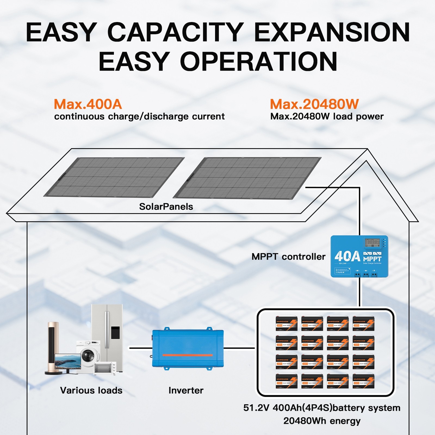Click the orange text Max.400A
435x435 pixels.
pyautogui.click(x=88, y=104)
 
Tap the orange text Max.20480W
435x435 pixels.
pyautogui.click(x=314, y=104)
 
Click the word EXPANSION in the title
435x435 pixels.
pyautogui.click(x=332, y=32)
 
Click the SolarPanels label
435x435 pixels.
pyautogui.click(x=166, y=207)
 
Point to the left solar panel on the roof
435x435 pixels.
pyautogui.click(x=114, y=177)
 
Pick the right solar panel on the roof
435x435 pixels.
pyautogui.click(x=247, y=178)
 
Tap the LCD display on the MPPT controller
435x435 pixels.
pyautogui.click(x=372, y=242)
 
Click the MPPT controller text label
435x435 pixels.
pyautogui.click(x=288, y=257)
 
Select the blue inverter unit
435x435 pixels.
pyautogui.click(x=188, y=349)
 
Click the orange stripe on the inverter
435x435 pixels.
pyautogui.click(x=188, y=355)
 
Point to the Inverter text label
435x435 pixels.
pyautogui.click(x=186, y=390)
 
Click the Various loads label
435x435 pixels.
pyautogui.click(x=91, y=390)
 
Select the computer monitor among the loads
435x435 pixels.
pyautogui.click(x=67, y=361)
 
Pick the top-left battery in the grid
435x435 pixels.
pyautogui.click(x=287, y=323)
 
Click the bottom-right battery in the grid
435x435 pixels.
pyautogui.click(x=363, y=381)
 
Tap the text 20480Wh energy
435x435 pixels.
pyautogui.click(x=322, y=421)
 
